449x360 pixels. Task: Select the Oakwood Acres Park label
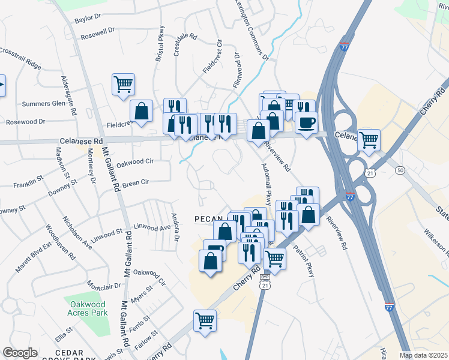tap(88, 309)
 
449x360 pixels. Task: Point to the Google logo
tap(19, 353)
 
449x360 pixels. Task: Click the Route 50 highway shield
tap(399, 170)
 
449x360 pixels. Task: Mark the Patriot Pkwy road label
tap(304, 257)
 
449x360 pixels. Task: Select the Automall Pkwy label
tap(267, 184)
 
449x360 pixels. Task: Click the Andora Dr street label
tap(176, 227)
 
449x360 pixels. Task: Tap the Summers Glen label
tap(43, 103)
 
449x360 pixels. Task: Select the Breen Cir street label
tap(136, 182)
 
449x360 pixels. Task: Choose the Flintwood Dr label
tap(237, 69)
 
